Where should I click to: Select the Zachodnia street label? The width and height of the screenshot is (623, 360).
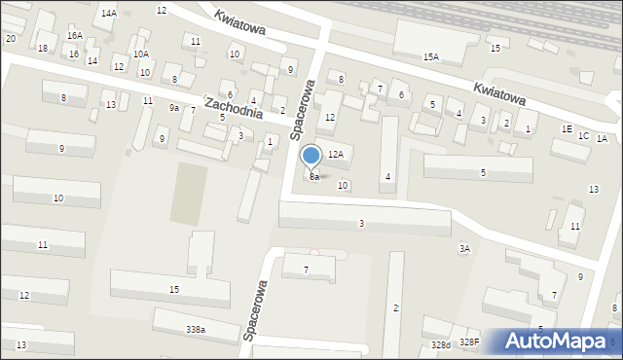click(x=234, y=107)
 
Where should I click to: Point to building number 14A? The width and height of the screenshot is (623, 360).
click(x=109, y=13)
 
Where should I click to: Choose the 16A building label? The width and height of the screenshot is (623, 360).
click(x=74, y=35)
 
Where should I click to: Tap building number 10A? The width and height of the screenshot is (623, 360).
click(x=141, y=54)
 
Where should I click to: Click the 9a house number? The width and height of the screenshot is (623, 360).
click(x=174, y=107)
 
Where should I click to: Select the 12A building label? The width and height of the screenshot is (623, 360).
click(x=336, y=154)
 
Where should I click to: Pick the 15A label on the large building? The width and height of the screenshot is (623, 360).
click(x=431, y=57)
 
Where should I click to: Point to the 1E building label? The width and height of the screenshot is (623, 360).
click(x=567, y=128)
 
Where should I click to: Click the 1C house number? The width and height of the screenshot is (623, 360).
click(x=584, y=135)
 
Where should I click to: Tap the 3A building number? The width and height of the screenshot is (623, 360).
click(x=465, y=249)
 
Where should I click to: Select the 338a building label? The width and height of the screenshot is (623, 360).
click(x=196, y=330)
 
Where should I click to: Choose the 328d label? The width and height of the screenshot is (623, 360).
click(x=442, y=344)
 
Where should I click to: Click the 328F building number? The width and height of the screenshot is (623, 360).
click(x=470, y=342)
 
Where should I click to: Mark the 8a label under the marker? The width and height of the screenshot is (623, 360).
click(x=314, y=177)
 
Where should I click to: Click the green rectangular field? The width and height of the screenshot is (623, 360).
click(x=189, y=193)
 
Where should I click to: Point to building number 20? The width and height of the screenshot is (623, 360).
click(x=10, y=38)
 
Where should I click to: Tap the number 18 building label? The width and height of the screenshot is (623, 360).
click(x=42, y=48)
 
